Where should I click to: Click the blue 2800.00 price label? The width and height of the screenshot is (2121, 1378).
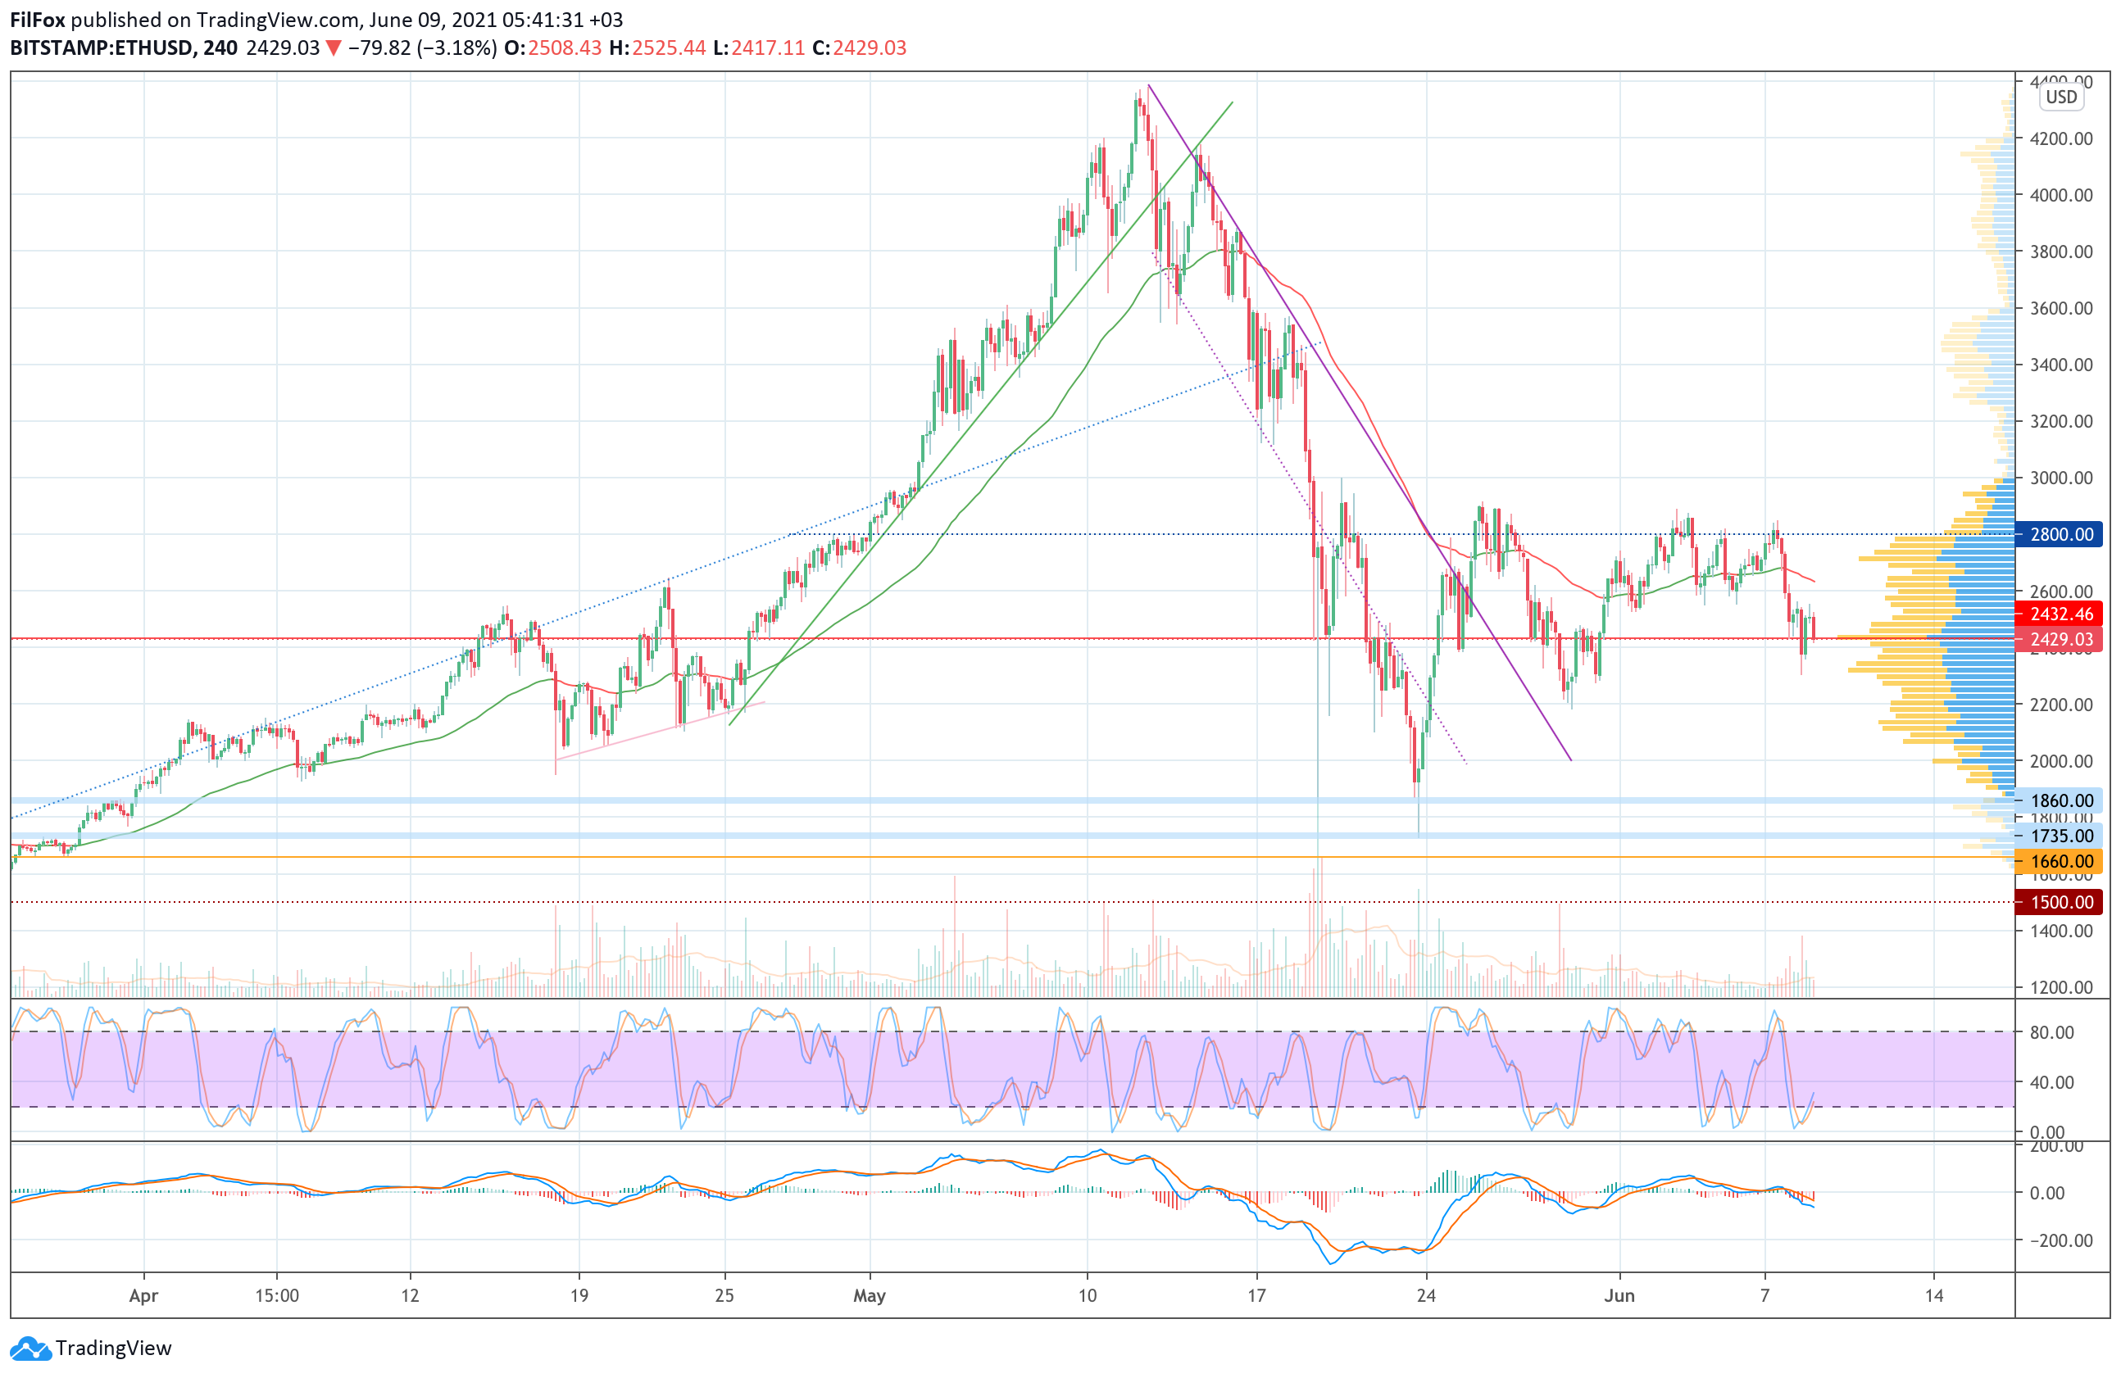point(2060,534)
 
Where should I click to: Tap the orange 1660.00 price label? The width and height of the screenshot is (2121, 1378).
point(2060,861)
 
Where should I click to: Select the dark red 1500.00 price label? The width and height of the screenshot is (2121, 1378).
point(2060,902)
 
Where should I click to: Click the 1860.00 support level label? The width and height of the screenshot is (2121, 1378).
point(2060,800)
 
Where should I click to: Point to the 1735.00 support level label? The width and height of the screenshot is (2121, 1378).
point(2060,836)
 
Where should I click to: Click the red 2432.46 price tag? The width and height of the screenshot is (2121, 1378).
point(2060,614)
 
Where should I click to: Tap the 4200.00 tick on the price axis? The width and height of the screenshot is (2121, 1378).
point(2060,138)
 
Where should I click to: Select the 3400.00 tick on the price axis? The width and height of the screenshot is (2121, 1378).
point(2060,365)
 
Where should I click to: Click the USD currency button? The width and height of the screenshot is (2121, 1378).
point(2060,97)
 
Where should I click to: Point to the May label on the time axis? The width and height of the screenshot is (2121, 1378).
point(869,1295)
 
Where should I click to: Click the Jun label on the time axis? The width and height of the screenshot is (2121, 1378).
point(1619,1295)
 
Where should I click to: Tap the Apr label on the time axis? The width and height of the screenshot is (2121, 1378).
point(143,1295)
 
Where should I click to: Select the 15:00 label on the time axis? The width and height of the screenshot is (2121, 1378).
point(276,1295)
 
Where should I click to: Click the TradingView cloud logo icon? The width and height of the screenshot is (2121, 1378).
point(31,1348)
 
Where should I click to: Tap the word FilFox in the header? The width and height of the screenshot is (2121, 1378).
point(38,20)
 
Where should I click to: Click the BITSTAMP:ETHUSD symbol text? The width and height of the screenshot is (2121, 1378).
point(102,48)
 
